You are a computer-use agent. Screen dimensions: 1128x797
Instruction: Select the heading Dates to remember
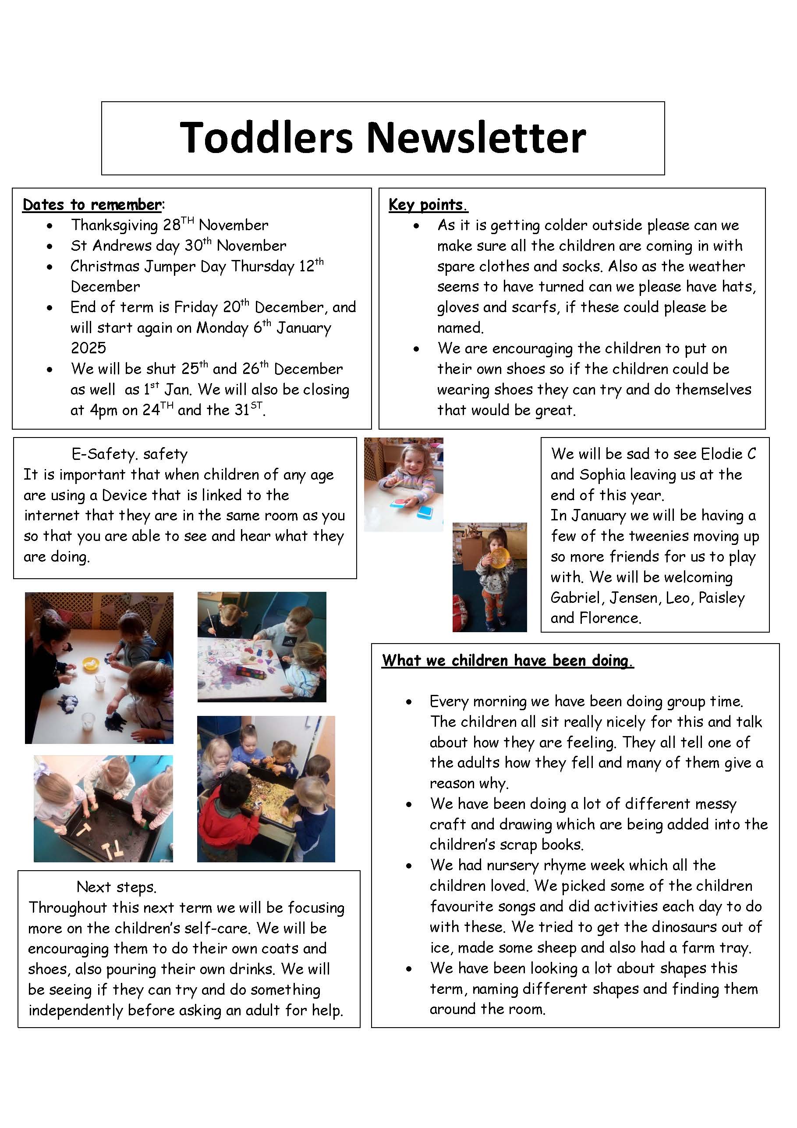[92, 204]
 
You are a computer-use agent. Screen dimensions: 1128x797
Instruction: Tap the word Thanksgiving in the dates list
[114, 225]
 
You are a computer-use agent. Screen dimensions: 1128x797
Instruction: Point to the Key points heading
[428, 204]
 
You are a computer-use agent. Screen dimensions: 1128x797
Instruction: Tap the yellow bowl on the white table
[90, 664]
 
